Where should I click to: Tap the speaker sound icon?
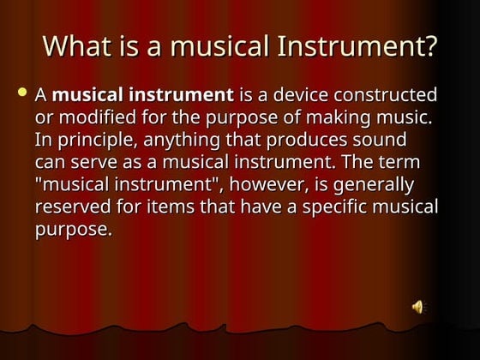[418, 307]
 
